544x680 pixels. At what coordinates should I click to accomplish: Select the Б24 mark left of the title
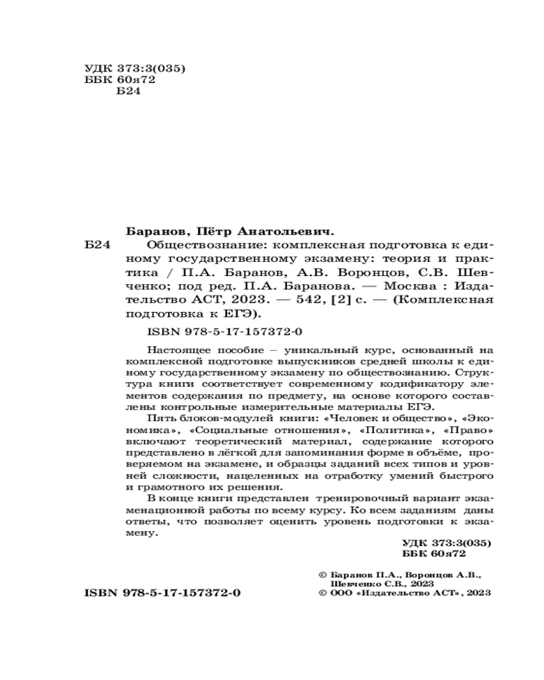[99, 245]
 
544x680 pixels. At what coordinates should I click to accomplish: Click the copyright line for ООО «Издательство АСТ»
[404, 592]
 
